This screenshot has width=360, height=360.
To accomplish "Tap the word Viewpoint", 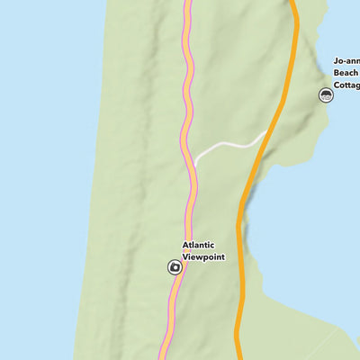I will [x=203, y=256].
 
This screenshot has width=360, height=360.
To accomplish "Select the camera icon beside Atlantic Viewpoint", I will [x=174, y=266].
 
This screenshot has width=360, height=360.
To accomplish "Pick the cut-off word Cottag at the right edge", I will [x=347, y=86].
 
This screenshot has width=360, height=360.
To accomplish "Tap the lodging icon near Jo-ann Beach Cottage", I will [x=327, y=94].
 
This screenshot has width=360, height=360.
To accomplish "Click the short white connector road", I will [x=229, y=145].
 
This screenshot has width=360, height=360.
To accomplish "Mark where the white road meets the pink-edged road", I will [x=194, y=163].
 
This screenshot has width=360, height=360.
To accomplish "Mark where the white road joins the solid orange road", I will [x=265, y=135].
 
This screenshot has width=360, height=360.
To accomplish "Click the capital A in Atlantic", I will [x=185, y=245].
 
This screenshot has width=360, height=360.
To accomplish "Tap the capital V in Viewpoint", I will [x=185, y=256].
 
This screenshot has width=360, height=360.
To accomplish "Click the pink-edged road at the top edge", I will [x=189, y=3].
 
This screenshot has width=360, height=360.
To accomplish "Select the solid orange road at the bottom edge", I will [x=238, y=356].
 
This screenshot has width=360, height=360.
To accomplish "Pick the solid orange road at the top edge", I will [x=293, y=3].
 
